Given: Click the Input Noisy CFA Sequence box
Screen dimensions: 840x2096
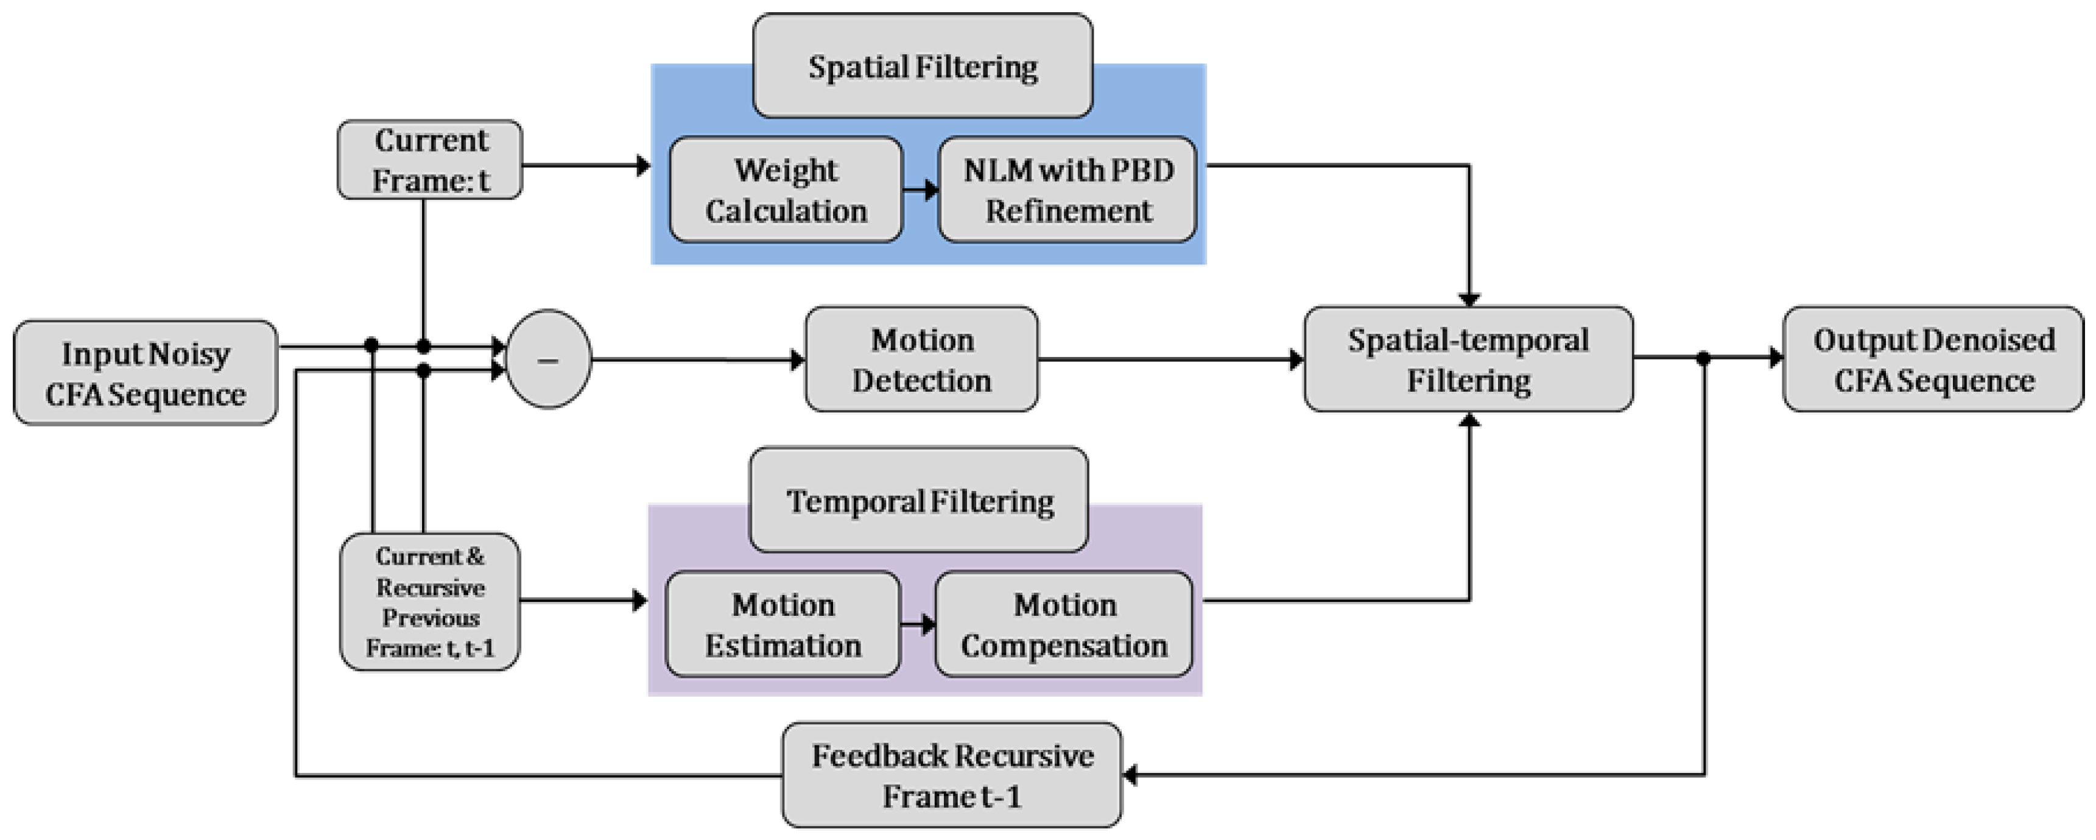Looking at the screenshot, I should pyautogui.click(x=146, y=373).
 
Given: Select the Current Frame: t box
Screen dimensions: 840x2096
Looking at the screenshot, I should pyautogui.click(x=430, y=160).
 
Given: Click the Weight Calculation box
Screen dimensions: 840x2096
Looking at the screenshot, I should pyautogui.click(x=786, y=189).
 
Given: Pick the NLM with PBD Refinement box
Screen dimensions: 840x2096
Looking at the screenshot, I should pyautogui.click(x=1067, y=189).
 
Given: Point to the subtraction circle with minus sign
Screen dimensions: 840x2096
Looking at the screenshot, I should pyautogui.click(x=549, y=359).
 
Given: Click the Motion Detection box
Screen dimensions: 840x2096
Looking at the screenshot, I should pyautogui.click(x=921, y=359).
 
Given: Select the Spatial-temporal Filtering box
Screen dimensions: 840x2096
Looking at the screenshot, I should pyautogui.click(x=1468, y=359).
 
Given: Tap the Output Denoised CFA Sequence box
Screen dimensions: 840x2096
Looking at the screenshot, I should pyautogui.click(x=1933, y=359).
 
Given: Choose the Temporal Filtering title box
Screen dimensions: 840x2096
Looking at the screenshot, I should pyautogui.click(x=919, y=499).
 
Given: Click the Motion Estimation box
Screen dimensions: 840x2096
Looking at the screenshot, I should pyautogui.click(x=782, y=624).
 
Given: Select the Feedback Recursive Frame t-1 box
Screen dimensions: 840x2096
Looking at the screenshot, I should pyautogui.click(x=951, y=775).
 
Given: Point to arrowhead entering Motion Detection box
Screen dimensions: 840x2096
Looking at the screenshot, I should pyautogui.click(x=798, y=359).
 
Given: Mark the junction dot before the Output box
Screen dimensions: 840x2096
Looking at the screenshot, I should pyautogui.click(x=1703, y=358).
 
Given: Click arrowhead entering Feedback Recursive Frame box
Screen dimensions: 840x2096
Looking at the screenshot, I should pyautogui.click(x=1130, y=775).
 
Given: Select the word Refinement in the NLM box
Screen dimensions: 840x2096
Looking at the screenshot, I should pyautogui.click(x=1068, y=211).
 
